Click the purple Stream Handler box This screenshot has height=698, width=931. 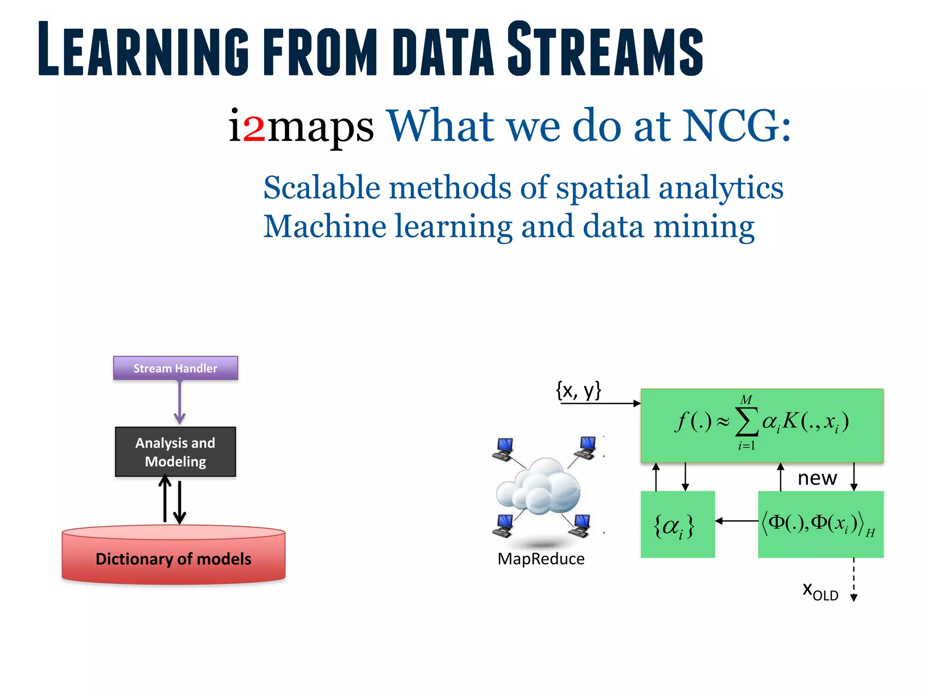(x=175, y=368)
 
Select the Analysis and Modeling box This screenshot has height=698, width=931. (x=175, y=452)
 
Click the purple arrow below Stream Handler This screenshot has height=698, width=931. (x=180, y=403)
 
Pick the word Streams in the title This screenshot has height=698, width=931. (x=605, y=49)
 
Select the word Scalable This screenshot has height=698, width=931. (x=322, y=187)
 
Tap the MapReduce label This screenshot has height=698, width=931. (x=541, y=558)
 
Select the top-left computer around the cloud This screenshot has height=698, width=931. (x=504, y=449)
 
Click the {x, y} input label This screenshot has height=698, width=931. (x=578, y=390)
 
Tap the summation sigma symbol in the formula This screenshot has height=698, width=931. (x=747, y=422)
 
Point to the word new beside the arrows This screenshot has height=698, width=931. (x=817, y=478)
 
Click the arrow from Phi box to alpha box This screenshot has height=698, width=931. (x=736, y=521)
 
